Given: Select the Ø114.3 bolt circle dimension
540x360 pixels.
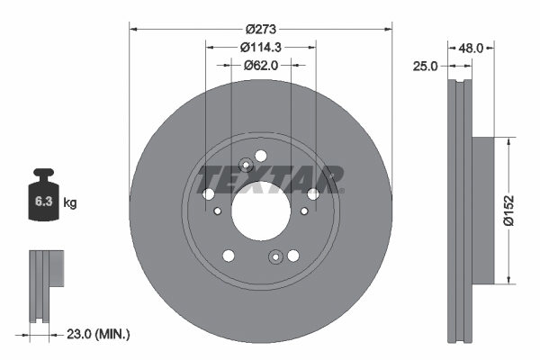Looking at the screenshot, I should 260,47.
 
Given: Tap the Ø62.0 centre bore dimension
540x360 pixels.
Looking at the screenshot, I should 260,65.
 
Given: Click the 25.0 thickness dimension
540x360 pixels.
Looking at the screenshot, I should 426,67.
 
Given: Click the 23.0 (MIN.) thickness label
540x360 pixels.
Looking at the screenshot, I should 98,334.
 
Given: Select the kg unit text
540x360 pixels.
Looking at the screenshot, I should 70,203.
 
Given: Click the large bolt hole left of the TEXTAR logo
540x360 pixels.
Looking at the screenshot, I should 209,194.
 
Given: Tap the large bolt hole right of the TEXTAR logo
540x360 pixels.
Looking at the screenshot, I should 312,193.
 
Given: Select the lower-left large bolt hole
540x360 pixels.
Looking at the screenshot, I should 228,255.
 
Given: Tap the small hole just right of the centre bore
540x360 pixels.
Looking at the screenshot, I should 304,211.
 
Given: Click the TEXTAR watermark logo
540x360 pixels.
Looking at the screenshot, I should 270,178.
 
